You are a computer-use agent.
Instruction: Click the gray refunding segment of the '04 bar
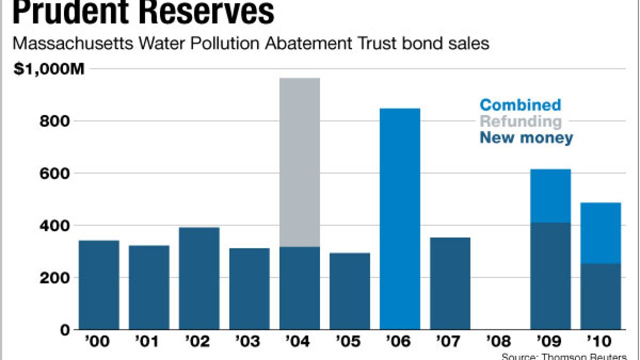pos(299,162)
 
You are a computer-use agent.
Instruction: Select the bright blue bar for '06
pos(399,219)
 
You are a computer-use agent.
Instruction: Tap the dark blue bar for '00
pos(99,285)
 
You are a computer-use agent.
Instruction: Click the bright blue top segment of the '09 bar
pos(550,196)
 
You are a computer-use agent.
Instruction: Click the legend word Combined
pos(520,105)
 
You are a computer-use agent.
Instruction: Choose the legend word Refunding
pos(520,121)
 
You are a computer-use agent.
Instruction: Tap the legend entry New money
pos(526,138)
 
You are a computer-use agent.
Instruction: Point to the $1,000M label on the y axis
pos(49,69)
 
